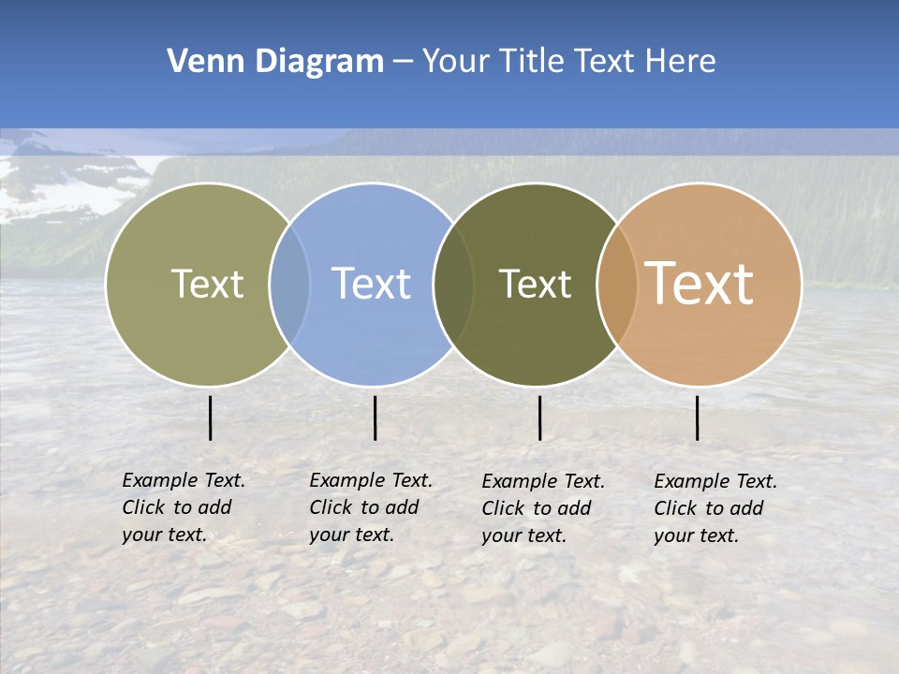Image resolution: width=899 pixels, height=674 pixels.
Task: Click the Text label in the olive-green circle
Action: click(x=207, y=284)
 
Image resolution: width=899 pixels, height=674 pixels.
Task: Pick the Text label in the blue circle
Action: click(x=372, y=284)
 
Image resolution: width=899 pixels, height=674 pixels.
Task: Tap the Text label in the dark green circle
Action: click(x=536, y=284)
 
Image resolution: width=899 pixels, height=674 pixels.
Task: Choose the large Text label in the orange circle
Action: click(x=700, y=284)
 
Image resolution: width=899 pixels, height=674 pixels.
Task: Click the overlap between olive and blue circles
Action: click(x=289, y=284)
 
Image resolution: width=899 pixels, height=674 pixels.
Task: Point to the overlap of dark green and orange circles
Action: click(x=617, y=284)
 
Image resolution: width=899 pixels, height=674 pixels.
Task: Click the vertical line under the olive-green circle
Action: click(x=210, y=418)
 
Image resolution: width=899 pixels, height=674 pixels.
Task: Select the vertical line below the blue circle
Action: click(x=375, y=418)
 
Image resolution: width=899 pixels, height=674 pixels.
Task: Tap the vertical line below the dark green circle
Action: click(x=539, y=418)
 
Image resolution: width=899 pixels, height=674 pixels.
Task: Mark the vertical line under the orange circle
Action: click(x=697, y=418)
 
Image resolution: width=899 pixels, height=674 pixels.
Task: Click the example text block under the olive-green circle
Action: click(x=183, y=507)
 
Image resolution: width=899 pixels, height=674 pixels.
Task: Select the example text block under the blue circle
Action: click(x=370, y=507)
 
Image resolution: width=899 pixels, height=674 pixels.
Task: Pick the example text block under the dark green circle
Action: click(x=542, y=508)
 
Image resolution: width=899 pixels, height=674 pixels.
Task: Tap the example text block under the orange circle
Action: click(x=715, y=508)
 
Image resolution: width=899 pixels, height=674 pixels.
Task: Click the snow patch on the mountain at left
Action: click(x=66, y=192)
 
